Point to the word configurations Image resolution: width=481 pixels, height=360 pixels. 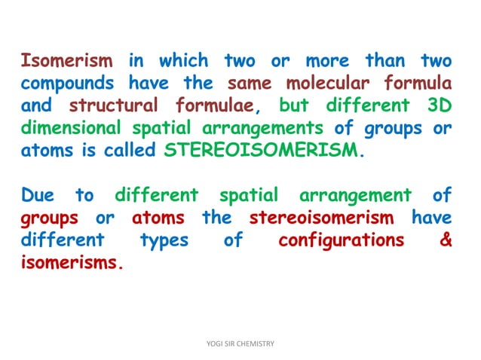tap(340, 242)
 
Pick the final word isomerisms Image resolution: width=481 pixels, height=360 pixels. tap(72, 264)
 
